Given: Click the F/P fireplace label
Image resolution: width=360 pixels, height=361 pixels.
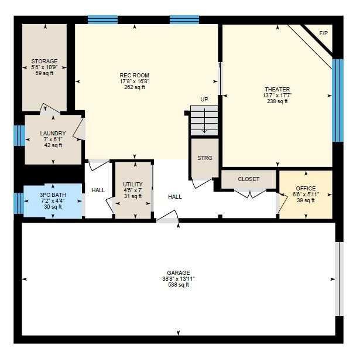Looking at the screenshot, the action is tap(324, 33).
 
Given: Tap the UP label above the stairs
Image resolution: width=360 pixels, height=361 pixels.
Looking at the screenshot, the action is tap(204, 100).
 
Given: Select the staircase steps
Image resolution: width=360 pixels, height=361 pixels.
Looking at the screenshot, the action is tap(204, 121).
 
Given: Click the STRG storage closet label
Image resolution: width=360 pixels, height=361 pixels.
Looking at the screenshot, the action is tap(205, 158).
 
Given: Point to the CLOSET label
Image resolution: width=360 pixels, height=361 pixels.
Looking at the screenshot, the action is tap(249, 179).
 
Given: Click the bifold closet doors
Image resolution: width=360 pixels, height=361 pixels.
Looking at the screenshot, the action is tap(251, 193).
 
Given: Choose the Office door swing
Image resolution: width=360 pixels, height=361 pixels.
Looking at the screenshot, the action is tap(282, 203).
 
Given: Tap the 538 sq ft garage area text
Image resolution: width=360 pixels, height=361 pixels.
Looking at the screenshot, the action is tap(179, 285).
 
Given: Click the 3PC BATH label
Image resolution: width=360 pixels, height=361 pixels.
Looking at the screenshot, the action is tap(53, 195).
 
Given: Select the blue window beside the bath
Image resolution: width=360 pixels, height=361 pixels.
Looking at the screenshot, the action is tap(19, 203).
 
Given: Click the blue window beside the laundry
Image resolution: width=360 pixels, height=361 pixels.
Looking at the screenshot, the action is tap(19, 135).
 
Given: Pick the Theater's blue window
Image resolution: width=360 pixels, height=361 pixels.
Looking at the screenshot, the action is tap(338, 100).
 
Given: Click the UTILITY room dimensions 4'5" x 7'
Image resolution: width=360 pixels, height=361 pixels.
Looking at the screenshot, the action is tap(133, 190).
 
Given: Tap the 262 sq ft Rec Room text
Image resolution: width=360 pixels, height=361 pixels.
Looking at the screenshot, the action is tap(135, 87).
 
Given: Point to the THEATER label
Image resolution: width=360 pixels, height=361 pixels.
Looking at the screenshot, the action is tap(277, 89).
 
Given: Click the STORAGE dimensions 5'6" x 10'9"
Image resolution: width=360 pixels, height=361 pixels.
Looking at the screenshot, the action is tap(44, 67).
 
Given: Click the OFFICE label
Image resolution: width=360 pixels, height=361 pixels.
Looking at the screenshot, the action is tap(306, 188).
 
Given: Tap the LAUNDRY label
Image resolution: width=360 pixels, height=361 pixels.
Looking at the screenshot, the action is tap(53, 133).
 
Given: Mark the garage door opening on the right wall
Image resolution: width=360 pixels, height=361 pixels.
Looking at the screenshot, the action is tap(340, 279).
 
